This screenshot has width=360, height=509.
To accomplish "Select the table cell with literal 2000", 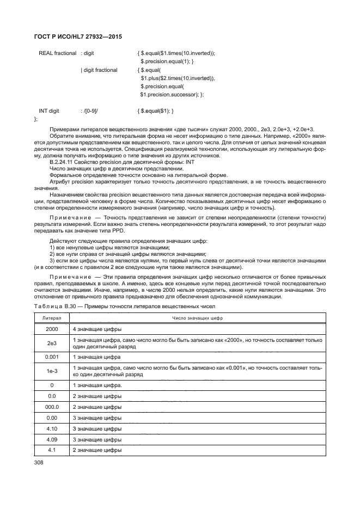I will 52,329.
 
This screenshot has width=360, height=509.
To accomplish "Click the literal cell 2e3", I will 52,343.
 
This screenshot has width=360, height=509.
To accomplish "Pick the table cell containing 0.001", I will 52,357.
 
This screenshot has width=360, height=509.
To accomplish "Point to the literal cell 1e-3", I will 52,371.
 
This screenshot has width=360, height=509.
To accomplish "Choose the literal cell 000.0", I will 52,407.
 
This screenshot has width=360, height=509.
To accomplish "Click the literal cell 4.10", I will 52,428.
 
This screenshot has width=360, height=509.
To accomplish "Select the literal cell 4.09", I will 52,439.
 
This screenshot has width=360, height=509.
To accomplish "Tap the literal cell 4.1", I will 52,450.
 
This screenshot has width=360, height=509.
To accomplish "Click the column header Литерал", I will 52,318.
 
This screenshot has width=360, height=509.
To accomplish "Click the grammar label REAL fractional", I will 57,53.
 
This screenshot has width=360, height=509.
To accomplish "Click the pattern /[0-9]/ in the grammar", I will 90,111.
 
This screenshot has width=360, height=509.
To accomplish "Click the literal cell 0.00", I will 52,418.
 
